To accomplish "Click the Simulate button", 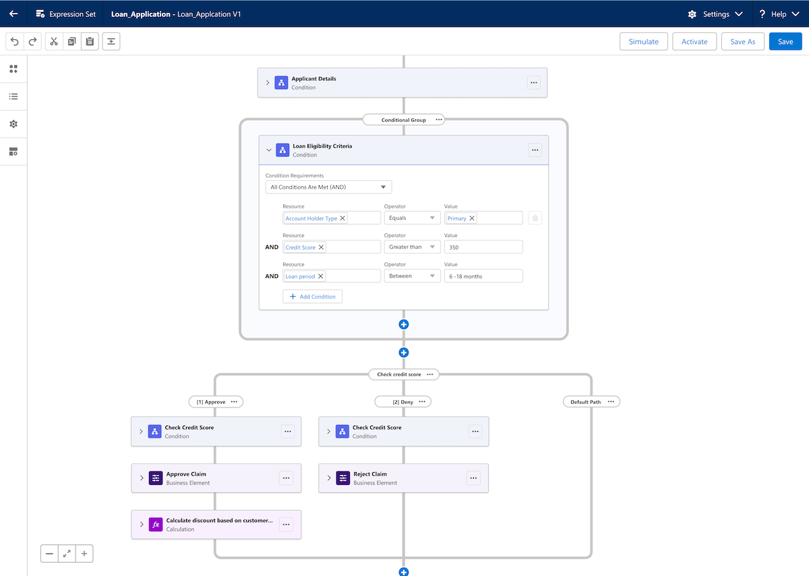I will [x=643, y=41].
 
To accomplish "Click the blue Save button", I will [x=785, y=41].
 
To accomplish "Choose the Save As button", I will [x=742, y=41].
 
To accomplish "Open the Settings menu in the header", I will [x=715, y=13].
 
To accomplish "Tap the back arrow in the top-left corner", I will [x=13, y=13].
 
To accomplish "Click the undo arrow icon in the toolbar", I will [x=15, y=41].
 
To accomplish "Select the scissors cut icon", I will [x=54, y=41].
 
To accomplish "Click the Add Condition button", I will [x=312, y=297].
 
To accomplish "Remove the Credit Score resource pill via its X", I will [x=321, y=248].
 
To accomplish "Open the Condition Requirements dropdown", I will [x=328, y=187].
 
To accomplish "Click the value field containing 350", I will [x=483, y=248].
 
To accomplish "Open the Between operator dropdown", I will [x=412, y=276].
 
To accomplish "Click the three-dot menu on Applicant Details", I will [x=534, y=83].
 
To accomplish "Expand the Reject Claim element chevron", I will [x=329, y=478].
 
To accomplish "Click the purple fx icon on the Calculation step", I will [x=156, y=525].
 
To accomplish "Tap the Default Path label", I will [x=585, y=401].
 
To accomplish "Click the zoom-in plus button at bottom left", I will [x=84, y=554].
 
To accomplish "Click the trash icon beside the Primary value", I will [x=535, y=218].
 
